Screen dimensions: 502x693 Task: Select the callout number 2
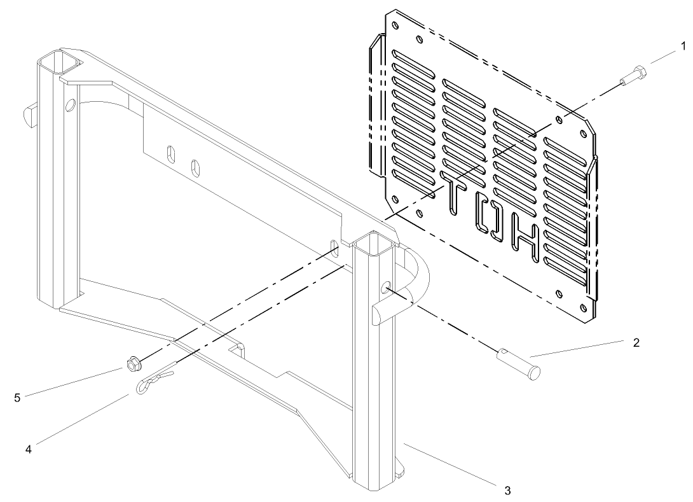coord(636,342)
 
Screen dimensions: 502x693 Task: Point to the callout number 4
coord(28,449)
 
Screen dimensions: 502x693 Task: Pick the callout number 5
coord(18,398)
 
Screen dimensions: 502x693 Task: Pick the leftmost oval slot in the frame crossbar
coord(170,154)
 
